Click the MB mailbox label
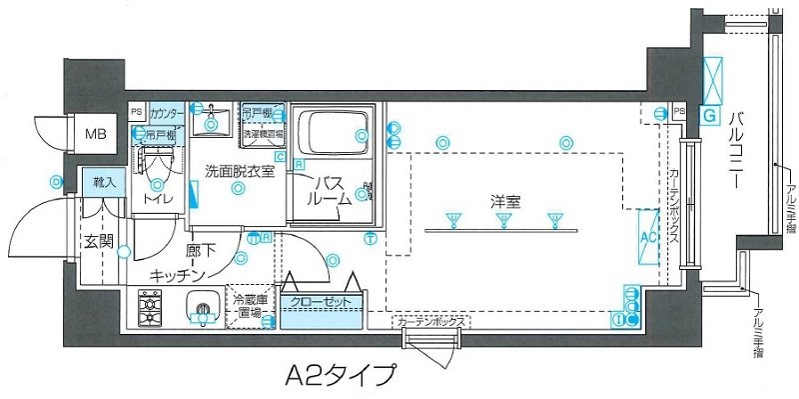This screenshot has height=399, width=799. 95,132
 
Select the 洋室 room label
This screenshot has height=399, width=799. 504,201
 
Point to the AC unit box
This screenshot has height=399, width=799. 645,238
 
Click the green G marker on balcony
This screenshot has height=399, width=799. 709,117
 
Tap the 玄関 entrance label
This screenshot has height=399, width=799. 98,241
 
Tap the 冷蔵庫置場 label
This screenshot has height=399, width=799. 251,306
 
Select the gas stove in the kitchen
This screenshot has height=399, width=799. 150,308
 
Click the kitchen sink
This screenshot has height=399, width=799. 201,310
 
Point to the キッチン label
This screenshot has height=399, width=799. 178,274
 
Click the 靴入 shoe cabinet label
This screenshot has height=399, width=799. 104,182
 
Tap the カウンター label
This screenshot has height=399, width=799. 167,112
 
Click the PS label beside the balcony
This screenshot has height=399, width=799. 679,110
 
